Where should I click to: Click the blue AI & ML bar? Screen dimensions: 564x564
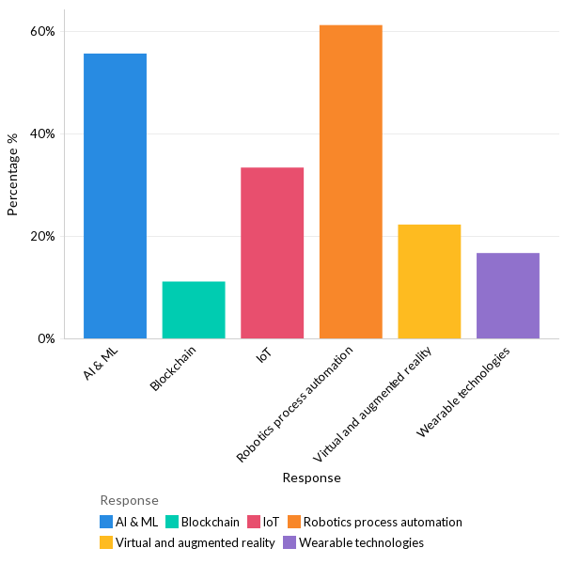(115, 196)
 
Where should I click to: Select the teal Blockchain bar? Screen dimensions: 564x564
(194, 309)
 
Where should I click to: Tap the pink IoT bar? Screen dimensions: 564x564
(272, 252)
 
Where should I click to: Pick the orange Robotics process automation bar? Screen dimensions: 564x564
(351, 181)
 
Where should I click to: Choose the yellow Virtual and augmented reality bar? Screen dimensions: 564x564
(429, 281)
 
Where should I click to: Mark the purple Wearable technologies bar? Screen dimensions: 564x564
(508, 295)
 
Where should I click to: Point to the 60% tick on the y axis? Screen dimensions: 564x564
(42, 31)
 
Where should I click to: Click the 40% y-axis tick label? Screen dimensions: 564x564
(42, 133)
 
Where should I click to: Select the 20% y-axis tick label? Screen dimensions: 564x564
(42, 236)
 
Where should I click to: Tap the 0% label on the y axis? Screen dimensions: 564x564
(46, 338)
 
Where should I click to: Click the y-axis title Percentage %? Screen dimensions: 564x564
(13, 175)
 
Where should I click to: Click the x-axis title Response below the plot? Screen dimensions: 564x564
(311, 478)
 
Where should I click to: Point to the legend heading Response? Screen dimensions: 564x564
(129, 500)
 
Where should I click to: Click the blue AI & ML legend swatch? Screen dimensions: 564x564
(106, 522)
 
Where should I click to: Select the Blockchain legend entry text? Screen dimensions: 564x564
(210, 522)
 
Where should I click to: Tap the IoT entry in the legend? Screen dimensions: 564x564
(271, 522)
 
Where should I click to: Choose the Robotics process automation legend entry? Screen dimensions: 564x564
(383, 522)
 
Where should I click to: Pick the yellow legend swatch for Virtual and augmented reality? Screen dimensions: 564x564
(106, 542)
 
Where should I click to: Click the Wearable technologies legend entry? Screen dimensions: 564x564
(361, 542)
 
